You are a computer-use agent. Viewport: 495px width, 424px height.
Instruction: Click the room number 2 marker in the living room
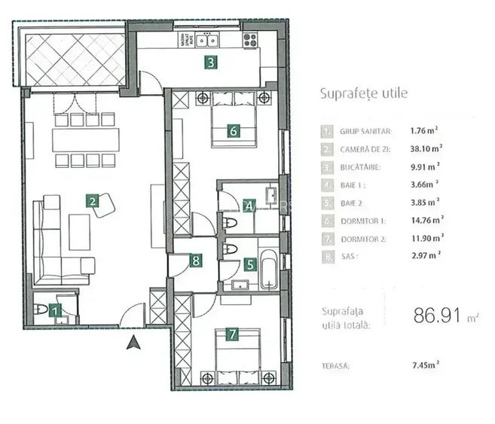click(91, 201)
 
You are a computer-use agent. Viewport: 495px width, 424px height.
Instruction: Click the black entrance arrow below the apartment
click(133, 343)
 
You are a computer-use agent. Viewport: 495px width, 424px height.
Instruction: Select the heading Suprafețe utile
click(364, 94)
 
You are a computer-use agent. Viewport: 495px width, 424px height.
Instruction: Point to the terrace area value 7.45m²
click(426, 367)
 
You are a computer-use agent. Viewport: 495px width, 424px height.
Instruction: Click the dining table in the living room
click(85, 139)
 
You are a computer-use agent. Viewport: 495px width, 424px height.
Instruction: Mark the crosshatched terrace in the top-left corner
click(75, 58)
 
